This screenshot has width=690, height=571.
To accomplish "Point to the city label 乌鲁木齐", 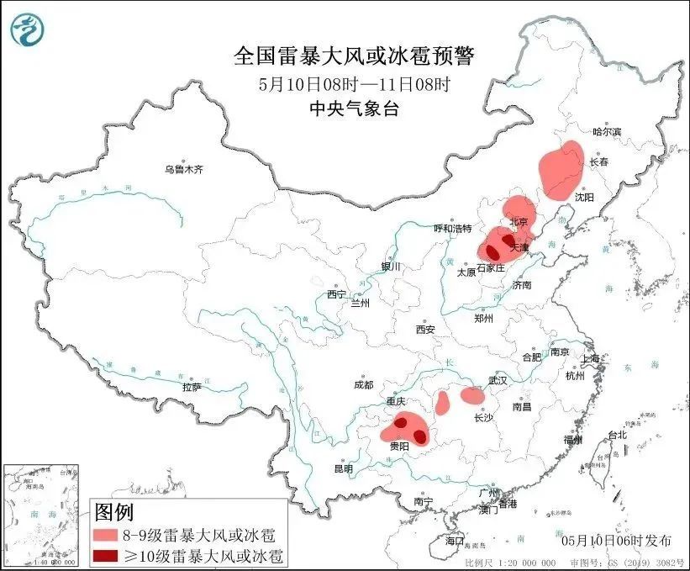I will [x=184, y=170].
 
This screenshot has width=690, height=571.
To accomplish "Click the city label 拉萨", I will [x=192, y=387].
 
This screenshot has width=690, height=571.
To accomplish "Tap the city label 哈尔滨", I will [x=606, y=132].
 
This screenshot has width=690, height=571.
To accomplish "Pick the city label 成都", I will [x=363, y=384].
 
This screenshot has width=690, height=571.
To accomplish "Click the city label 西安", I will [x=425, y=330].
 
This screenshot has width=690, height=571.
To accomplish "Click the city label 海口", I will [x=454, y=539].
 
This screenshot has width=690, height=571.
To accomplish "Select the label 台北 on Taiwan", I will [x=617, y=435].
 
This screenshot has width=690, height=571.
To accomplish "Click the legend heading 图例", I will [x=113, y=511].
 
